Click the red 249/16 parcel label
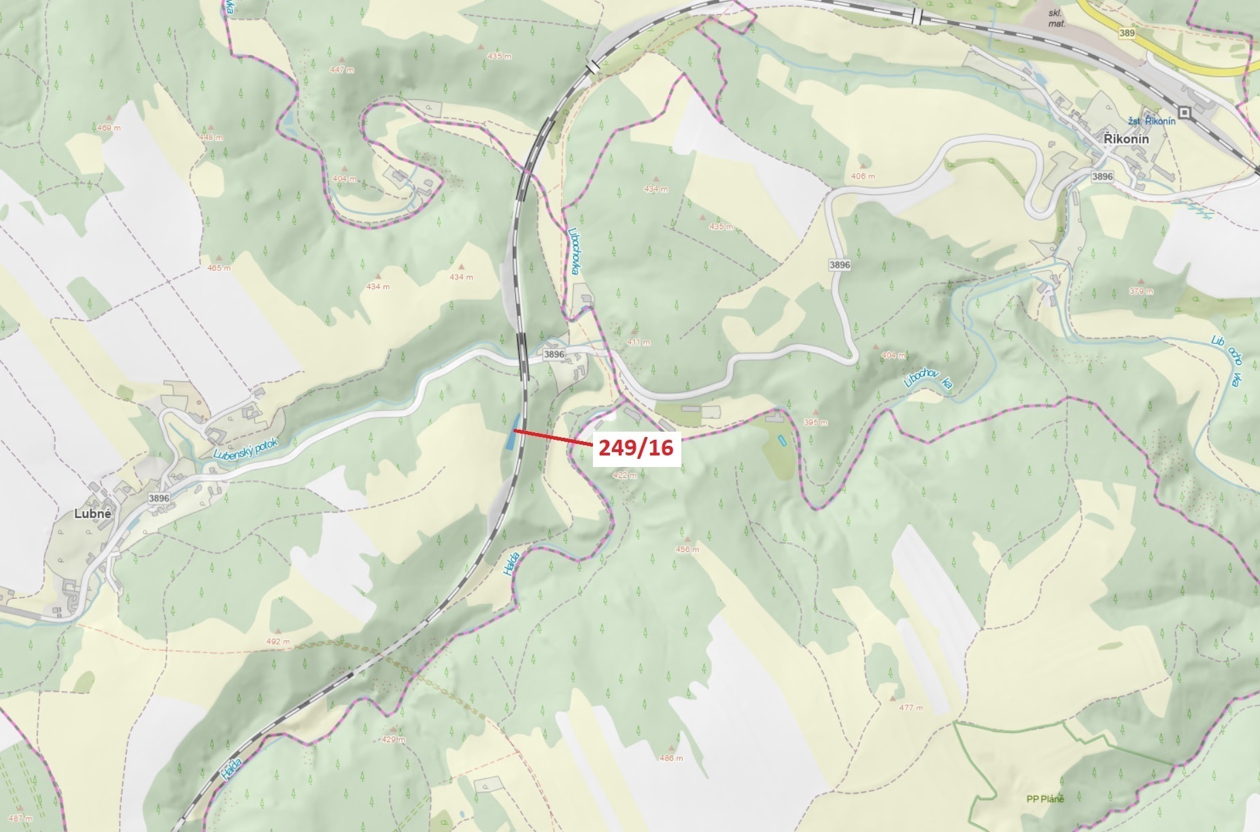(636, 447)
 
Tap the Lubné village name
(92, 515)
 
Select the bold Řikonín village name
(1126, 139)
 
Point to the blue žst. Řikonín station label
(1152, 121)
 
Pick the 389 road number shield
(1127, 33)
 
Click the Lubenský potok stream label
(245, 449)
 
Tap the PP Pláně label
(1045, 799)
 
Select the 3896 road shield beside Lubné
(158, 498)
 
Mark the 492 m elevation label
(278, 641)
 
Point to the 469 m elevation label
(109, 128)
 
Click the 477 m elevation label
(910, 708)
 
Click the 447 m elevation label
(342, 70)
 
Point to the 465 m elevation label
(219, 268)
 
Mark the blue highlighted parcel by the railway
(510, 433)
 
